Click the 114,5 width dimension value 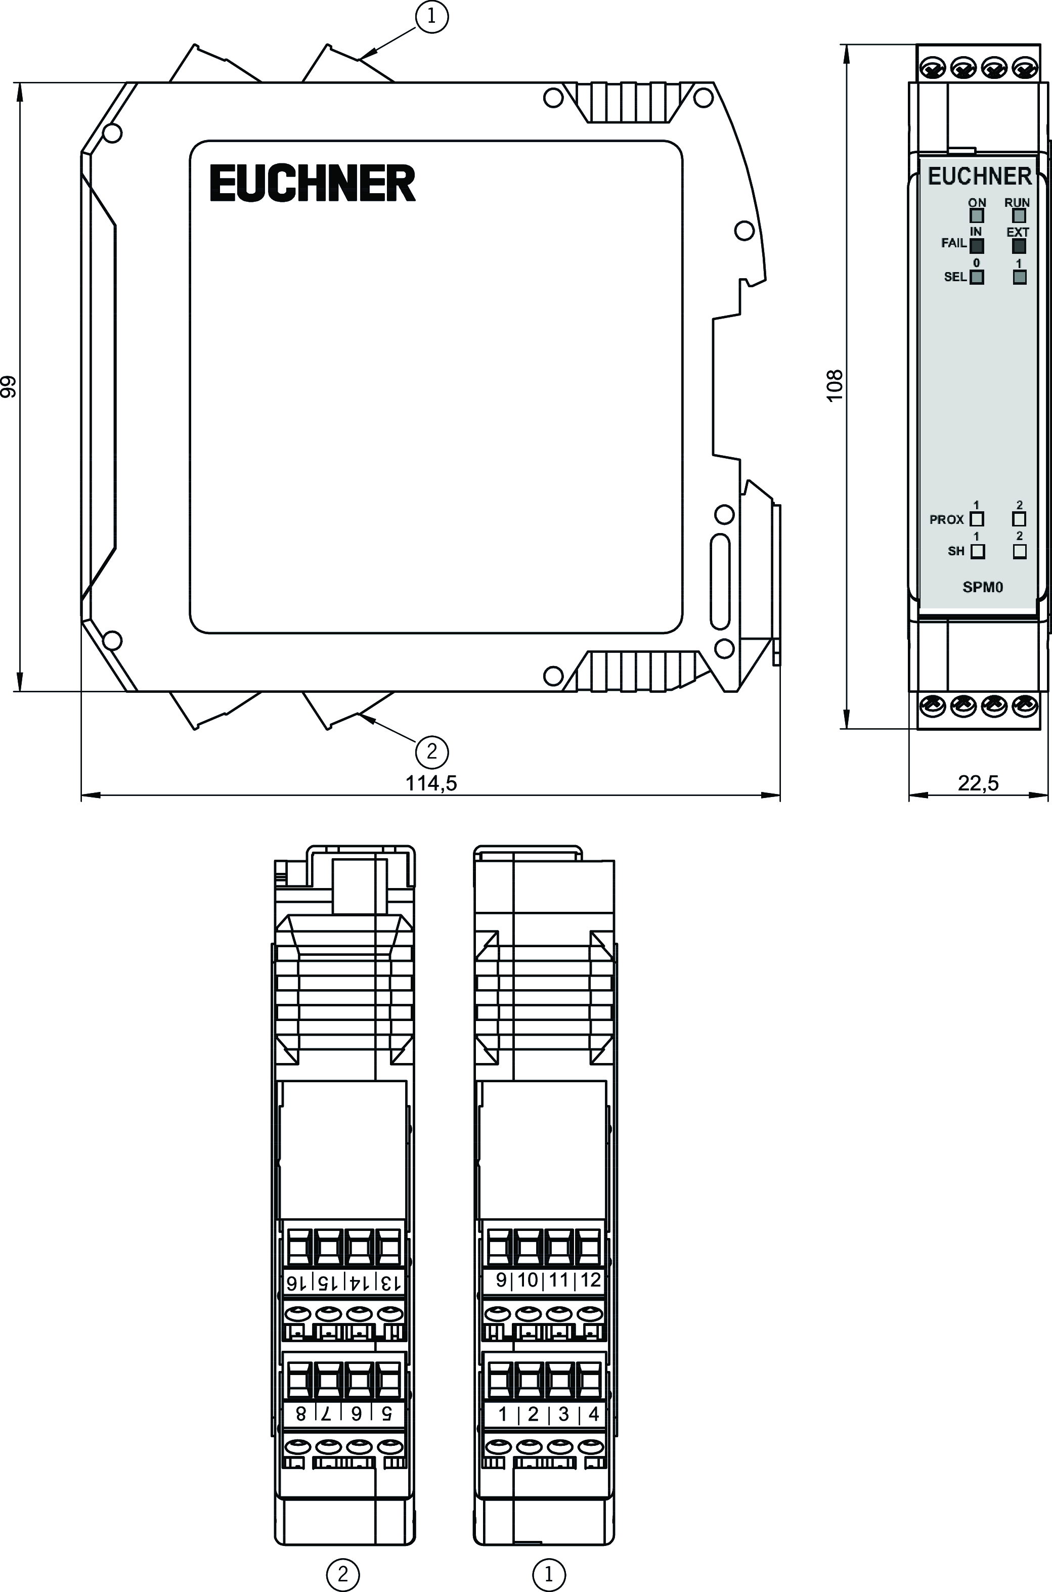[x=431, y=783]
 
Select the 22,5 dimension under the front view [x=978, y=783]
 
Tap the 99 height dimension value [x=9, y=387]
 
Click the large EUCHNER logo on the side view [x=313, y=183]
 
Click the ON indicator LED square [x=977, y=216]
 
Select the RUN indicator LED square [x=1019, y=216]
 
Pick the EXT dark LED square [x=1019, y=246]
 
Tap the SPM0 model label [x=983, y=587]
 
